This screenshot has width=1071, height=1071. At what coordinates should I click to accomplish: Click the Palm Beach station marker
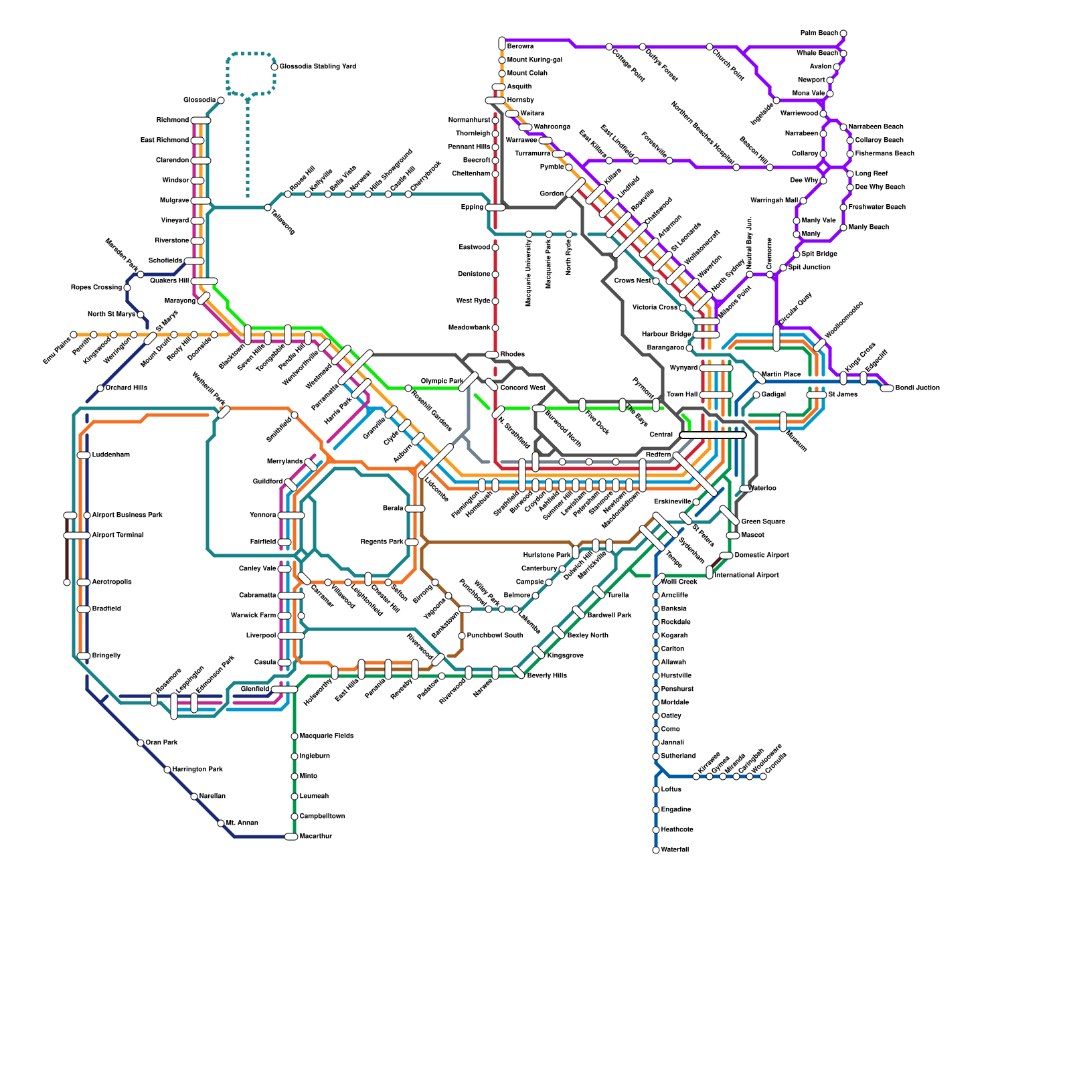coord(843,33)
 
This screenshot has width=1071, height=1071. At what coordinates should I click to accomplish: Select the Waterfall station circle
coord(656,850)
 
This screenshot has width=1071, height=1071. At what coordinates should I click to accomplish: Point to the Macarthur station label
coord(316,837)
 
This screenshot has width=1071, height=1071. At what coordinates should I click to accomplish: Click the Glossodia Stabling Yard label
coord(317,67)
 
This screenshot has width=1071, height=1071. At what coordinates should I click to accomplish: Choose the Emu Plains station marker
coord(74,335)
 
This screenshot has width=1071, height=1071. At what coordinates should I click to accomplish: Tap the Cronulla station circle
coord(763,776)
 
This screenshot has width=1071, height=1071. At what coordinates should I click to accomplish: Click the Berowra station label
coord(520,47)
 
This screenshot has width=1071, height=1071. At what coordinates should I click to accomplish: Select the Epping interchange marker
coord(495,208)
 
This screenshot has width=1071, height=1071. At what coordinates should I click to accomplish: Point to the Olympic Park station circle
coord(408,388)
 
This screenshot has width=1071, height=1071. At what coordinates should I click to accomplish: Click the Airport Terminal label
coord(118,535)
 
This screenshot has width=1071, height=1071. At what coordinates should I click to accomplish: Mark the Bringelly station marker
coord(84,656)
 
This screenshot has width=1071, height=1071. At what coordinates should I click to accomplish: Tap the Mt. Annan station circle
coord(221,823)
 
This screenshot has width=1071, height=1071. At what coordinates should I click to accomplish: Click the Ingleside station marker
coord(776,100)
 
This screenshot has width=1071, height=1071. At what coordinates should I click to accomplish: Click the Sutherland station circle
coord(656,756)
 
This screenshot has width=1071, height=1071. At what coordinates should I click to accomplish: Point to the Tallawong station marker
coord(268,208)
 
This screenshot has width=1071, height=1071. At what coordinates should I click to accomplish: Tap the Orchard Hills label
coord(127,388)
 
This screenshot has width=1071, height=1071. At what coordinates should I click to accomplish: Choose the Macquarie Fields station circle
coord(295,736)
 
